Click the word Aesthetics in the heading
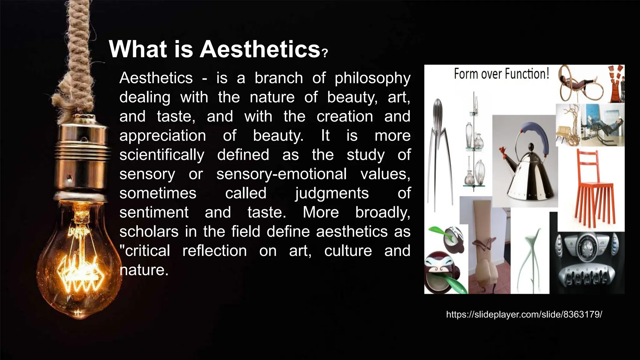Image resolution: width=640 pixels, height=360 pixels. [260, 49]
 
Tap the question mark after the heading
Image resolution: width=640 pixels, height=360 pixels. [325, 53]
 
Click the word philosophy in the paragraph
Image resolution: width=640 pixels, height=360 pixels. [372, 78]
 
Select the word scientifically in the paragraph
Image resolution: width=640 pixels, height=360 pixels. [162, 155]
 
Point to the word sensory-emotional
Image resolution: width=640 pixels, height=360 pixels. [281, 174]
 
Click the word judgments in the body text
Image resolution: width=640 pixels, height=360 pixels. [332, 193]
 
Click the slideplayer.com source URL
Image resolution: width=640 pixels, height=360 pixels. [524, 314]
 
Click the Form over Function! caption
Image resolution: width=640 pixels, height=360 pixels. [501, 74]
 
